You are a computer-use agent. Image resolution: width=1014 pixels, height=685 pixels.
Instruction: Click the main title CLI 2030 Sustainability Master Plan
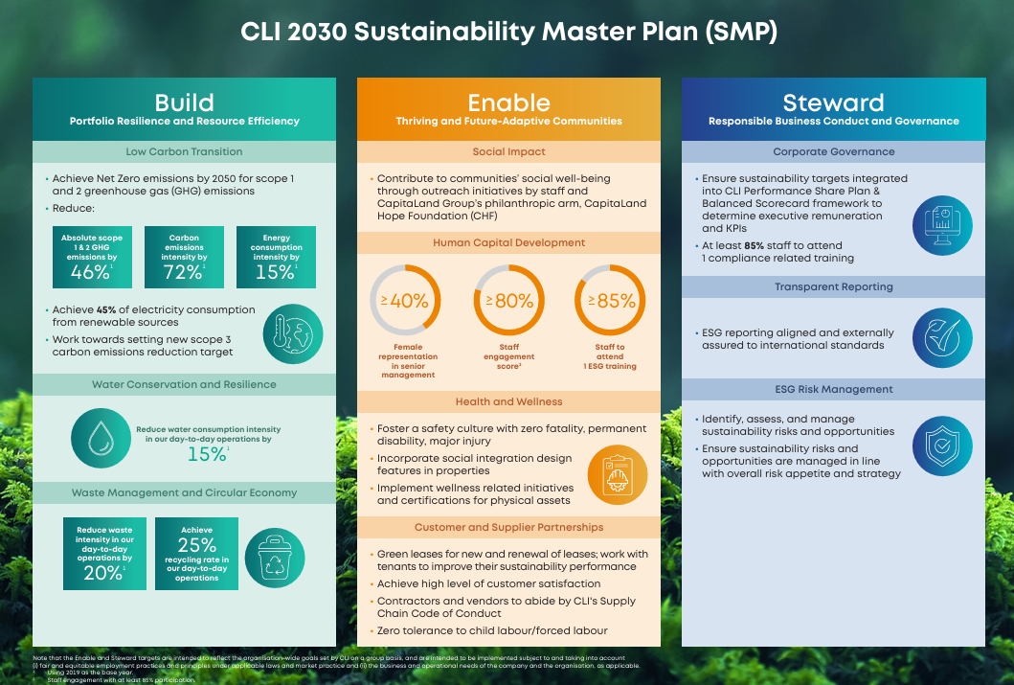[x=507, y=32]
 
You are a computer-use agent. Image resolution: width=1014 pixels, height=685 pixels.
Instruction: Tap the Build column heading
[x=184, y=103]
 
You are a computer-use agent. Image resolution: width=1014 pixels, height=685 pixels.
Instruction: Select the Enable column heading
[x=508, y=103]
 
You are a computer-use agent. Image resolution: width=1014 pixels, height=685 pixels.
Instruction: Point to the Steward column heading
[x=833, y=103]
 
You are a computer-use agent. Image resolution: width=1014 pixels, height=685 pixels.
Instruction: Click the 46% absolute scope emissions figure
[x=91, y=272]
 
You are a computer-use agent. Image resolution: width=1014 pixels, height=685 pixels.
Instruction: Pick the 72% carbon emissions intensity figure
[x=183, y=272]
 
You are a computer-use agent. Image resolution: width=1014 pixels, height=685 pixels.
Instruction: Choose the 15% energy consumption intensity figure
[x=275, y=272]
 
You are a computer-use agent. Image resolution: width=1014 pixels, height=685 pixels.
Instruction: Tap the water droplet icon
[x=101, y=439]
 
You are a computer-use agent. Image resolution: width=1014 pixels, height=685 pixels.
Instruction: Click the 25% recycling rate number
[x=196, y=545]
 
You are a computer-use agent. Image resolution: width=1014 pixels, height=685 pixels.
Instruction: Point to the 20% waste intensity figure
[x=103, y=573]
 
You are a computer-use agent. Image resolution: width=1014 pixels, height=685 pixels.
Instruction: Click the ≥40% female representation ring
[x=407, y=301]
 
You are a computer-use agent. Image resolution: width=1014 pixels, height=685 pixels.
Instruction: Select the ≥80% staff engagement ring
[x=508, y=301]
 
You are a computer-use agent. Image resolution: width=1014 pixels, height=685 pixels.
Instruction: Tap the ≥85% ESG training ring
[x=610, y=301]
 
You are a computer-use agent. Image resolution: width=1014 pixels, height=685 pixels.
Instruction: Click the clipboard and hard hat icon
[x=618, y=474]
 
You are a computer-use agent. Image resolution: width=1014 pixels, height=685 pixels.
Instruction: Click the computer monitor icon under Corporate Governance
[x=942, y=224]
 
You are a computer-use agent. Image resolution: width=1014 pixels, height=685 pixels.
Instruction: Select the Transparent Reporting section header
[x=833, y=286]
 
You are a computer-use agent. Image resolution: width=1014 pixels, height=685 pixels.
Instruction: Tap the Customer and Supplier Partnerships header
[x=508, y=527]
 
